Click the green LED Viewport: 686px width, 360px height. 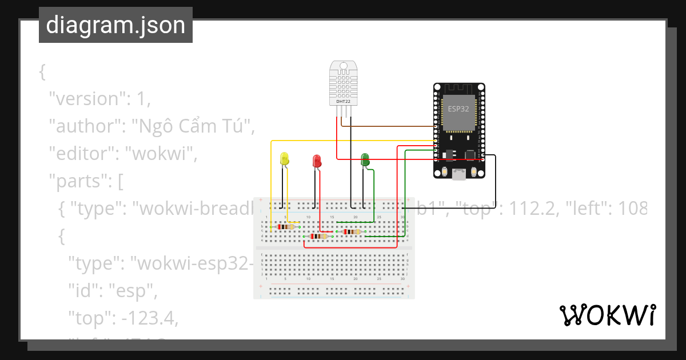[365, 160]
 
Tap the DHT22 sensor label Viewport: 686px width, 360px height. [344, 101]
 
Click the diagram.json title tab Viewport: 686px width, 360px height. [115, 25]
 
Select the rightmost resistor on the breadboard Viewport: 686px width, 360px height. [350, 231]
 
